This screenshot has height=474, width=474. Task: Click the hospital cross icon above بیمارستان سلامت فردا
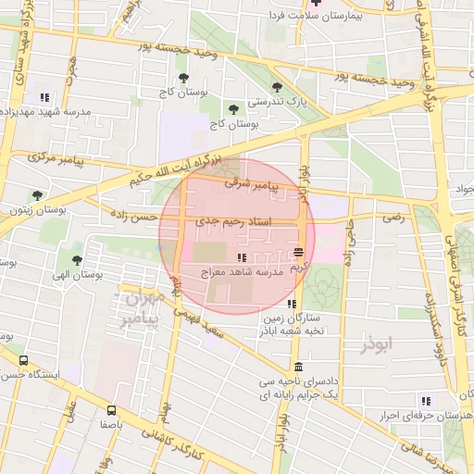point(317,3)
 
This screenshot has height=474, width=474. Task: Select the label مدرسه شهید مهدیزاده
point(45,111)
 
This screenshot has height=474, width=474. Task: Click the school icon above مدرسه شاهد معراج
point(242,257)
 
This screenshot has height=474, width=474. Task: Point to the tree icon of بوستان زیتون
point(37,195)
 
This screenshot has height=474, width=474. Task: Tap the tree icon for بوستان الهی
point(76,260)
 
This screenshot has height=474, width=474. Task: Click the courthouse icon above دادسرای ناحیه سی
point(296,366)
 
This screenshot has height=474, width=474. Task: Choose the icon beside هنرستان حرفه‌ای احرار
point(426,401)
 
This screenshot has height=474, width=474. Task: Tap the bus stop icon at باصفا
point(112,408)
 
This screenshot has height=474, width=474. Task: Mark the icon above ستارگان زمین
point(292,304)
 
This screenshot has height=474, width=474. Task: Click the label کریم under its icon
point(298,267)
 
